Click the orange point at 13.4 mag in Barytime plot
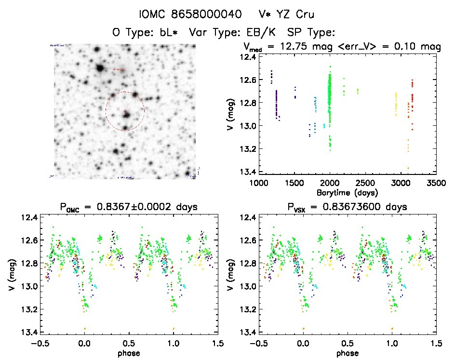click(x=408, y=168)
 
